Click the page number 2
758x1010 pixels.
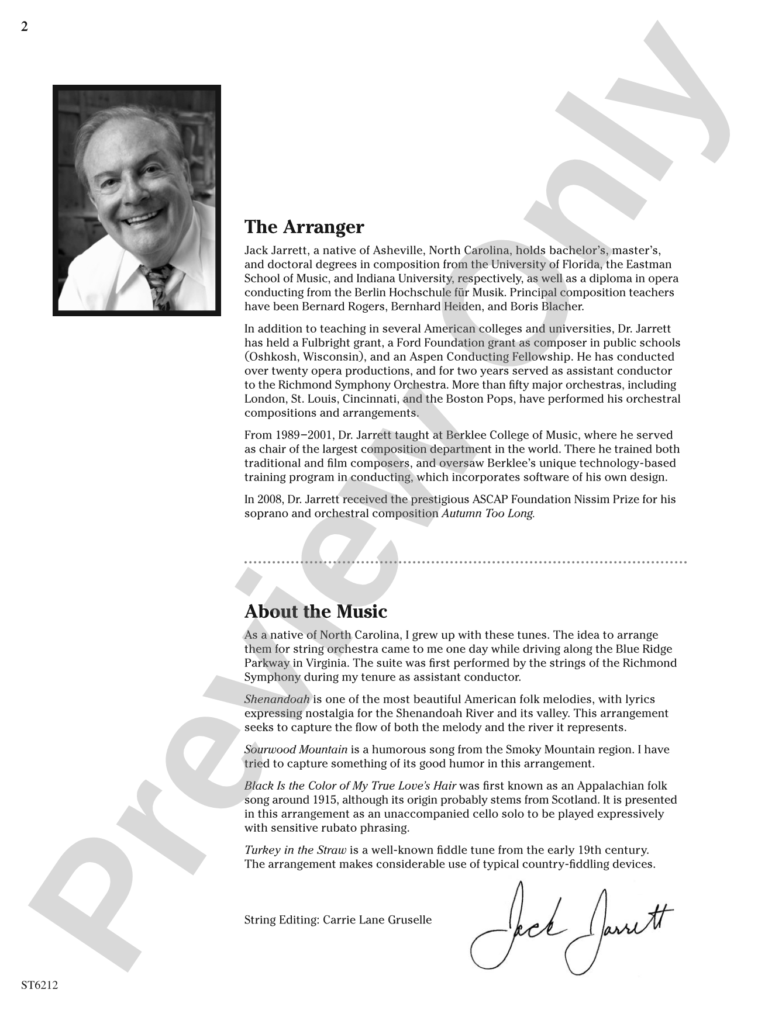tap(24, 27)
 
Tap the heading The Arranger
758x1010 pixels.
tap(304, 227)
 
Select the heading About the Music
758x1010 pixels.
tap(315, 612)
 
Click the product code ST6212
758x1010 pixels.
tap(39, 985)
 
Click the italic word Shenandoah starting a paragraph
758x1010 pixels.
tap(277, 700)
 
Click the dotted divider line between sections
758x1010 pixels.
tap(465, 562)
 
